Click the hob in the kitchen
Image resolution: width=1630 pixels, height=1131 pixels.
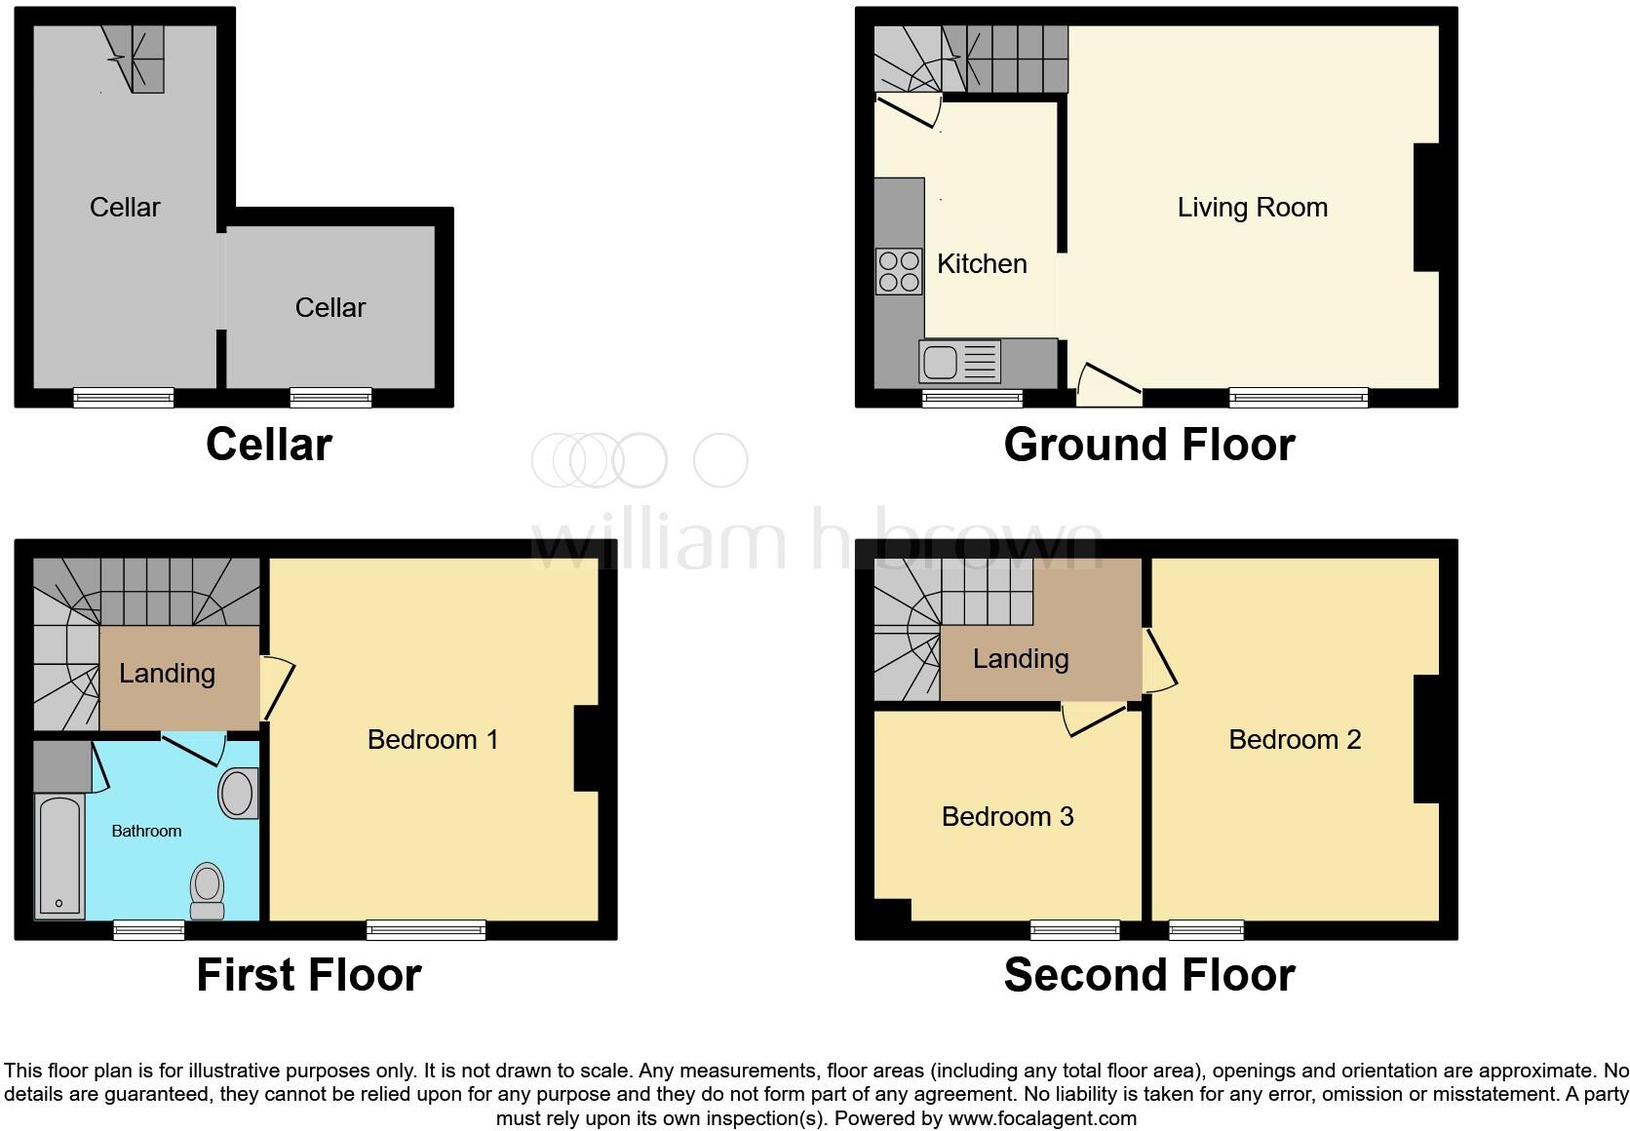click(899, 271)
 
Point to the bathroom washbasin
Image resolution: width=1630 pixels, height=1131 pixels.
click(238, 794)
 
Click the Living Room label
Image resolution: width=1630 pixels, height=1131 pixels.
click(1252, 207)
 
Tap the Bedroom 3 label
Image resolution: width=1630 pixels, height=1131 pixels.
click(1007, 816)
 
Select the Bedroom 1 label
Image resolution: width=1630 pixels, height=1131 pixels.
click(432, 739)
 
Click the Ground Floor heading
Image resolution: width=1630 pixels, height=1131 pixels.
click(1148, 445)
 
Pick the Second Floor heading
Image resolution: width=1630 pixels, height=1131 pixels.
click(1148, 975)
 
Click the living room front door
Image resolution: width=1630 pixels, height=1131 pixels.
click(1109, 384)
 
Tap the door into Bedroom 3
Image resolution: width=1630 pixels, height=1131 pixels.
click(1096, 719)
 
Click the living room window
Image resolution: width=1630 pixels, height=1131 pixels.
click(1298, 397)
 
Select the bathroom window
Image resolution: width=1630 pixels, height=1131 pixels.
click(148, 930)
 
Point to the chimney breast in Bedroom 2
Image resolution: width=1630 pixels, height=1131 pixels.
click(1425, 739)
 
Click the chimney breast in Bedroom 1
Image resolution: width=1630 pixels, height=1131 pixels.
click(586, 747)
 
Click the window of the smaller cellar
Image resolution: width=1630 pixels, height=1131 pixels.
click(330, 397)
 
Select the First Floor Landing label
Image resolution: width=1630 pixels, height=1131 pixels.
click(167, 673)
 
